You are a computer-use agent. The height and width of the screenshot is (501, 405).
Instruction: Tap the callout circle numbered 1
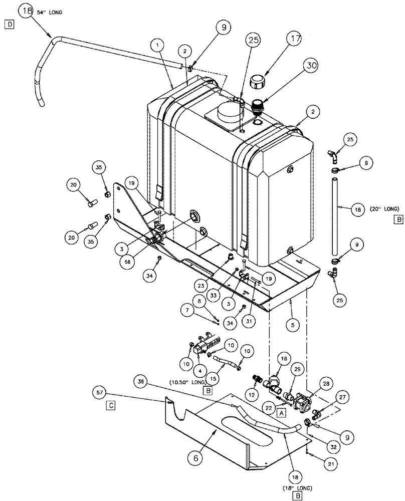click(159, 46)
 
